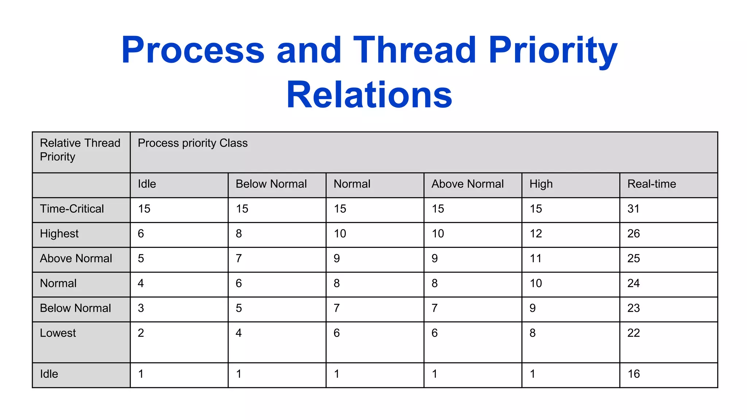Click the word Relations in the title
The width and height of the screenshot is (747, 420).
point(369,95)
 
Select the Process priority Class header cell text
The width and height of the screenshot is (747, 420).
point(193,143)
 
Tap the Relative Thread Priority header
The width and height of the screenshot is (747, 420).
point(80,149)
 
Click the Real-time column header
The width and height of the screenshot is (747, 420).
point(651,184)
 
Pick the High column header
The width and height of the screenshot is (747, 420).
point(541,184)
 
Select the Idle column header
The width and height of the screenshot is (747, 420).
point(147,184)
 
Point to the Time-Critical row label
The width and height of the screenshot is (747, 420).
point(72,209)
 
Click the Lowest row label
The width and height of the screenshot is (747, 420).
point(58,333)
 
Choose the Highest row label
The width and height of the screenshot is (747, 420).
point(59,234)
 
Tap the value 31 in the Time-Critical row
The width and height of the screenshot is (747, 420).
point(633,209)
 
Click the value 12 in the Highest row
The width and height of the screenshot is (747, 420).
point(535,234)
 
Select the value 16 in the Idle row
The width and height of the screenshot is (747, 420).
point(634,374)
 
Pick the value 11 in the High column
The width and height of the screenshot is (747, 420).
point(535,258)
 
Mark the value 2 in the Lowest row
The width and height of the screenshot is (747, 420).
point(141,333)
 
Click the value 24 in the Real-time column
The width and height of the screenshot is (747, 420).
point(634,283)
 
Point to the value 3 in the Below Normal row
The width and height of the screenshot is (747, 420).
point(141,308)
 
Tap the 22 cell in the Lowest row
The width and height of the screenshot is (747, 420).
point(634,333)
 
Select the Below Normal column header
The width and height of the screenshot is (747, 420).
point(271,184)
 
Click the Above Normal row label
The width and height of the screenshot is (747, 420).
point(76,258)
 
